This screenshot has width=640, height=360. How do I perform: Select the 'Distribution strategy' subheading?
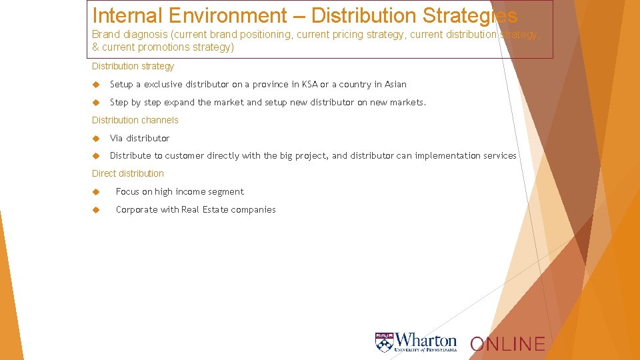133,66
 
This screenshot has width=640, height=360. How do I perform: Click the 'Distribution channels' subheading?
135,120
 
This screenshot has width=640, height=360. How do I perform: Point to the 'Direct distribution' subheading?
127,173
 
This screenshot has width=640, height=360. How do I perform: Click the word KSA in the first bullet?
309,84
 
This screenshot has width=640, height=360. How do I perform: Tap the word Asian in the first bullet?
395,84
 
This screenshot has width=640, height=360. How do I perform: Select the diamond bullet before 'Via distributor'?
95,138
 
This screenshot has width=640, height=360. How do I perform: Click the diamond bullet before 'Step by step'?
95,102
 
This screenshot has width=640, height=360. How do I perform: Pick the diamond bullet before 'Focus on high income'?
95,191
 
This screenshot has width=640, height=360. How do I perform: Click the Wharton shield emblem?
384,342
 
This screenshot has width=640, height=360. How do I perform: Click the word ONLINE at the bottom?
507,344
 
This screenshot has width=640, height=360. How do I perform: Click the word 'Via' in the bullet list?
117,138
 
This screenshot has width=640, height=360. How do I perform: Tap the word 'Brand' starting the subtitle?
105,34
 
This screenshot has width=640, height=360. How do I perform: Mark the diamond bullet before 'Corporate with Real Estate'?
95,209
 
